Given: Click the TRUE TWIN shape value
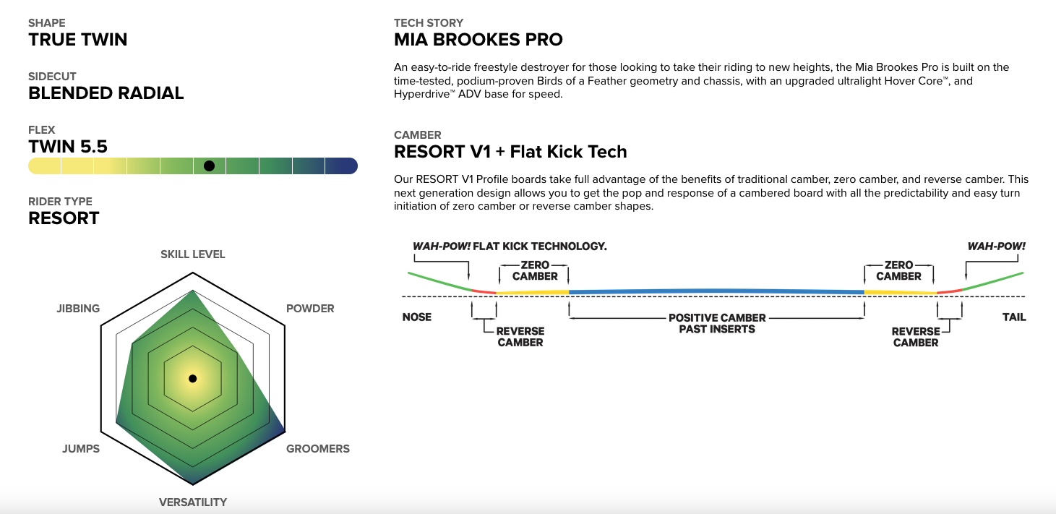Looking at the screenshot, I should (78, 40).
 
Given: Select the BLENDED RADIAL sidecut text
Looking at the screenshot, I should (106, 93).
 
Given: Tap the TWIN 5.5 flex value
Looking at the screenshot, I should (68, 147).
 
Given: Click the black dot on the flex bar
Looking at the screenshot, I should (209, 166).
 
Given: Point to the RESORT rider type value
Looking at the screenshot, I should (64, 218).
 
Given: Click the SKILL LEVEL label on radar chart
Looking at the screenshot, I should (193, 254).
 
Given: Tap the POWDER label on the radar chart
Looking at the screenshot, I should (310, 309).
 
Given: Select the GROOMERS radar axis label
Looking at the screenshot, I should (317, 449).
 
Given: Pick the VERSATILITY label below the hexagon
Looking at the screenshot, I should (193, 502).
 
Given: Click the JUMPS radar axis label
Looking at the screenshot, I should (81, 449).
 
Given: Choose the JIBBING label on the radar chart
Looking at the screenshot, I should (78, 309).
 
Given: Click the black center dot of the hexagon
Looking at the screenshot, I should (193, 378).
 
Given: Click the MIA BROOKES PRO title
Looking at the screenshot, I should (478, 40).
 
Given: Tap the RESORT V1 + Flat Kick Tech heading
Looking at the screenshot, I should (510, 152).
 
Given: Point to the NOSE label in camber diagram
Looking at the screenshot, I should (416, 317).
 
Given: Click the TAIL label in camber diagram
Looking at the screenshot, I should (1013, 317).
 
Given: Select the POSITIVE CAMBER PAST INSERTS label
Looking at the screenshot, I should (717, 323).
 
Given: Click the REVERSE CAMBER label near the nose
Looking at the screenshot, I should (520, 337).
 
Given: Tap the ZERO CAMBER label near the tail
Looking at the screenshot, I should (898, 270).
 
